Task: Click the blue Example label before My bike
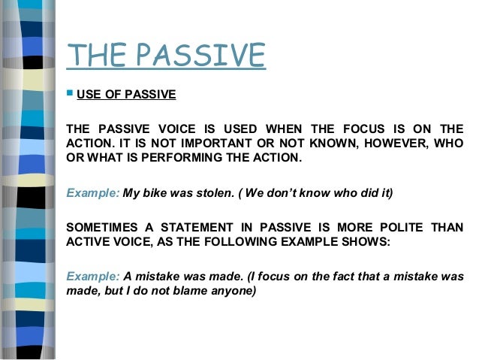(93, 192)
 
